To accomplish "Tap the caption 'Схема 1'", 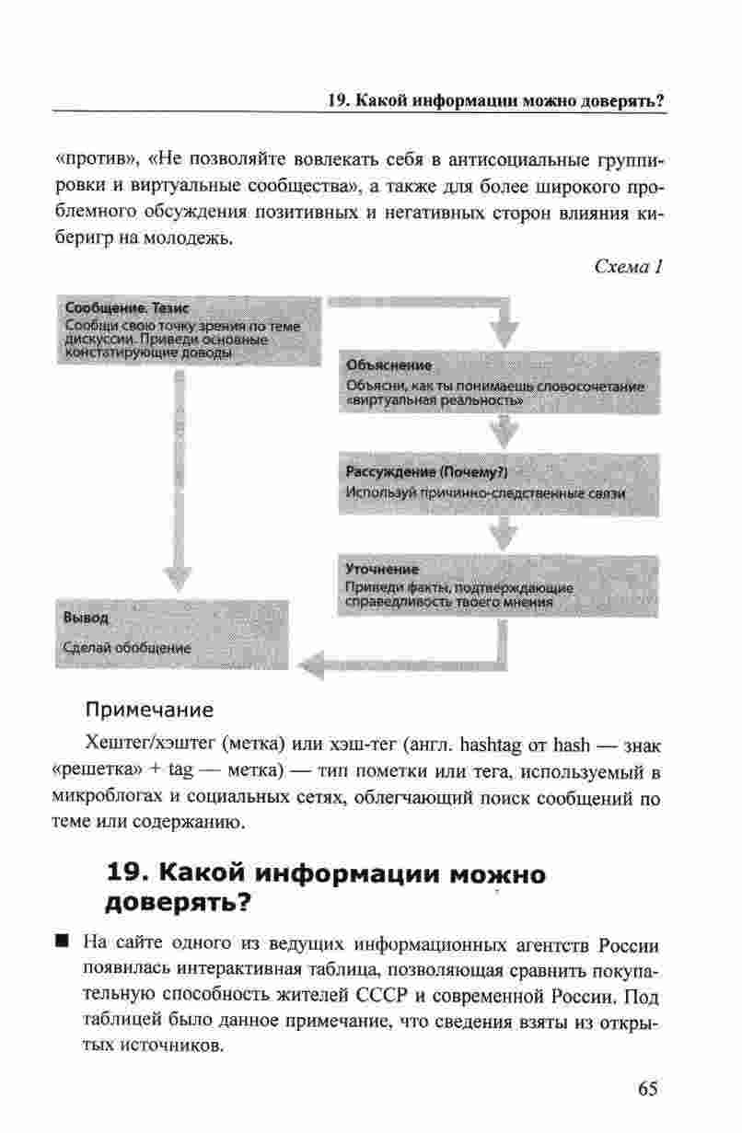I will pyautogui.click(x=629, y=268).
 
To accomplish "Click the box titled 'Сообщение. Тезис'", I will pyautogui.click(x=189, y=329).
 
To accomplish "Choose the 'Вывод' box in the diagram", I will pyautogui.click(x=172, y=632).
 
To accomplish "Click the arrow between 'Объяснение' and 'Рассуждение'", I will pyautogui.click(x=503, y=429).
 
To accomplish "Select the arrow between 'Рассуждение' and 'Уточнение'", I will pyautogui.click(x=503, y=530).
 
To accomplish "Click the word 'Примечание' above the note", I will pyautogui.click(x=149, y=710).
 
